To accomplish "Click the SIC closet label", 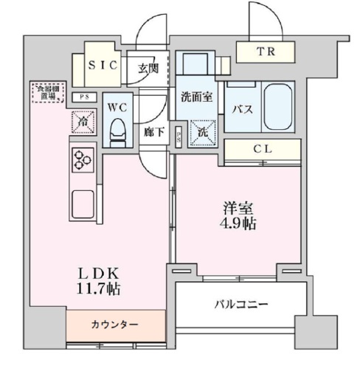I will coord(103,65).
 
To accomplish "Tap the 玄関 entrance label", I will coord(148,69).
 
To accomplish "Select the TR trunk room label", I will coord(264,52).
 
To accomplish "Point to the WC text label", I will coord(117,107).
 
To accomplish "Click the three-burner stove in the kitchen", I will coord(81,158).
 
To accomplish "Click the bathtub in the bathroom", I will coord(276,105).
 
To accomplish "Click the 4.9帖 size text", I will coord(240,223).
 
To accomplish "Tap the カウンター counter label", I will coord(114,324).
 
